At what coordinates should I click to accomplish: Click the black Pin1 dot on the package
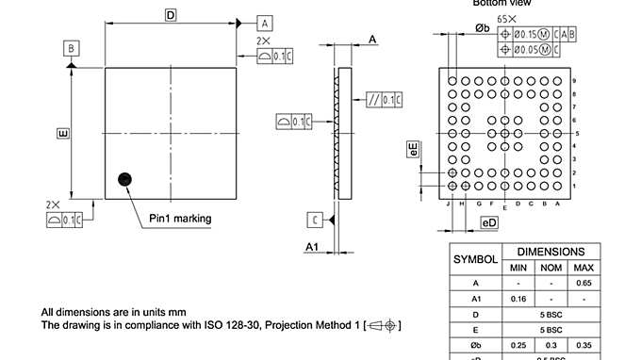123,179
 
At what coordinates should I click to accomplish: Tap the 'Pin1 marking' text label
180,219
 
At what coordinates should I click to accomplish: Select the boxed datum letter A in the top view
265,22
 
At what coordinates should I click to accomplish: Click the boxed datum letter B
72,47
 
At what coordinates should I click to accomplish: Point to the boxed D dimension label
171,15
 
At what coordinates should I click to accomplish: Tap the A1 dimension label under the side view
314,246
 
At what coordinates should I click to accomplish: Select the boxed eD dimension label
488,222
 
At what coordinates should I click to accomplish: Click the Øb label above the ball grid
482,28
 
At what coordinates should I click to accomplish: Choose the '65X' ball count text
506,18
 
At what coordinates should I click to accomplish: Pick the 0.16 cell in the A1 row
518,298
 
